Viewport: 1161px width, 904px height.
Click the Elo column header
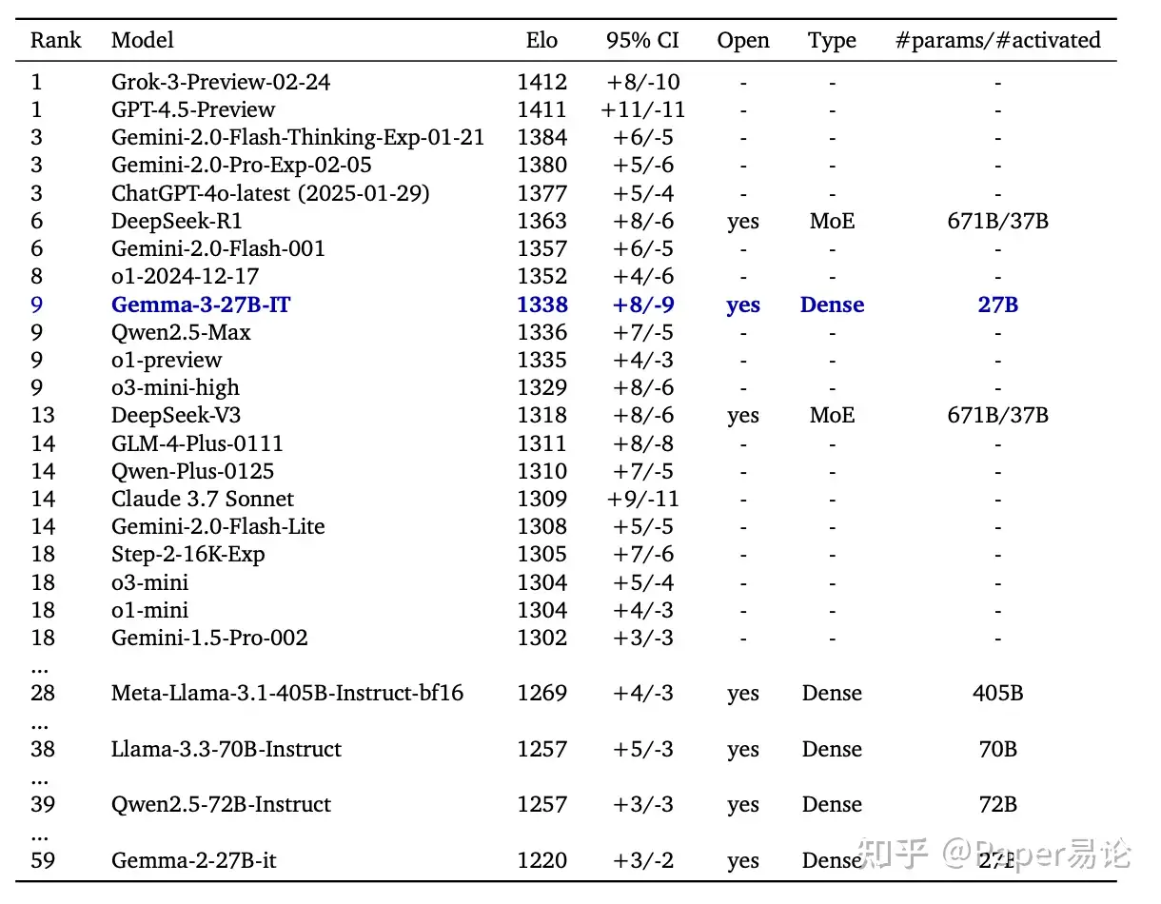[541, 41]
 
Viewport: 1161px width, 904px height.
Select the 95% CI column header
[642, 41]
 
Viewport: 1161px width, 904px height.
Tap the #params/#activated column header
[997, 41]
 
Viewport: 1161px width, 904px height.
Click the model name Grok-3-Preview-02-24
[221, 83]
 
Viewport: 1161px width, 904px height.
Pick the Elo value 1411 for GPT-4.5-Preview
[541, 110]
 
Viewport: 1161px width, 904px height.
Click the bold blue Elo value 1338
[541, 305]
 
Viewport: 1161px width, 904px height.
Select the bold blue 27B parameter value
[997, 305]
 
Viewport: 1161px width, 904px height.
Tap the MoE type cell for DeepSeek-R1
[832, 222]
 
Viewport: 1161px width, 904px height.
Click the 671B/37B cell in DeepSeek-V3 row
[997, 416]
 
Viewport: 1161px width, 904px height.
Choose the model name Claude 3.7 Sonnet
[202, 499]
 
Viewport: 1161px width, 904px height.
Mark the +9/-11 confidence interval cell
[642, 499]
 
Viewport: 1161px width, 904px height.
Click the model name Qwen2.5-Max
[181, 333]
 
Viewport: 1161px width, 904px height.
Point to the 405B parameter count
[997, 694]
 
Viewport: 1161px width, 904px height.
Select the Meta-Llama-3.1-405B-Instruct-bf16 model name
[287, 694]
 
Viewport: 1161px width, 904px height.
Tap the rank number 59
[43, 861]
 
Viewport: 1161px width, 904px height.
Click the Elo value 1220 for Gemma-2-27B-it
[541, 861]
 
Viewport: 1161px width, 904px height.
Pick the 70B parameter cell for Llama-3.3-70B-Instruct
[997, 750]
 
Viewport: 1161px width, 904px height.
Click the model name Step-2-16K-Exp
[187, 555]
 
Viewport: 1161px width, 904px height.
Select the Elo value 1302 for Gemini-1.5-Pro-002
[541, 638]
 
